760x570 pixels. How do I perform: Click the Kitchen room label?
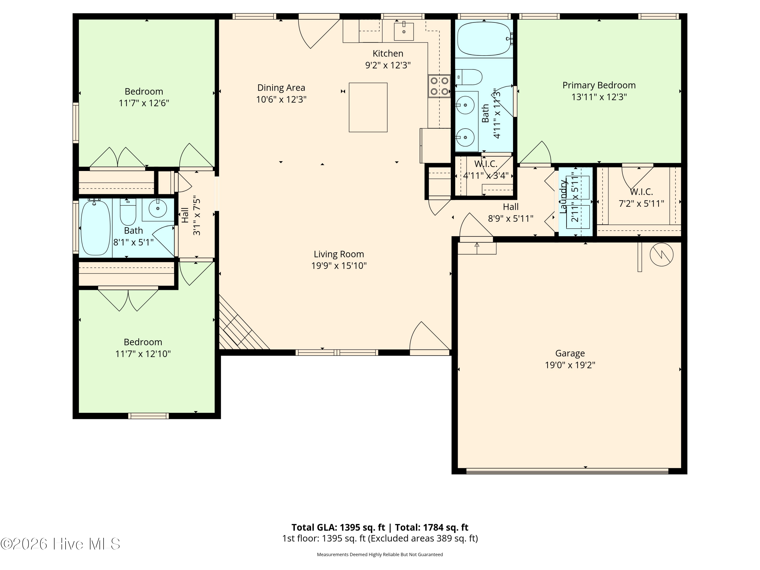click(388, 54)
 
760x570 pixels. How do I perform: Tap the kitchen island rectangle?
click(368, 107)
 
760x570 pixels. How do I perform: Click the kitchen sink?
click(404, 31)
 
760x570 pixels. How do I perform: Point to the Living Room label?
click(339, 254)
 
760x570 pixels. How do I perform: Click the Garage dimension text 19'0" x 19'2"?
click(570, 365)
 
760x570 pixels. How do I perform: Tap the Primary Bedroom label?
click(599, 85)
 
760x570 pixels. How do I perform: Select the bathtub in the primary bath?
click(484, 39)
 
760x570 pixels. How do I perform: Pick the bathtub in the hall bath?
click(96, 227)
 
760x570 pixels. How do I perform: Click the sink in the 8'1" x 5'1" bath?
click(158, 208)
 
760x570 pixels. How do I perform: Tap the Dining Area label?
click(281, 88)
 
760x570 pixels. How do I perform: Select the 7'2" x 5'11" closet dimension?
click(641, 204)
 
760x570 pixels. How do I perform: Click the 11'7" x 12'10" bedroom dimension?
click(143, 354)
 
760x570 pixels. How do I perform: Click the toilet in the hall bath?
click(128, 212)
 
